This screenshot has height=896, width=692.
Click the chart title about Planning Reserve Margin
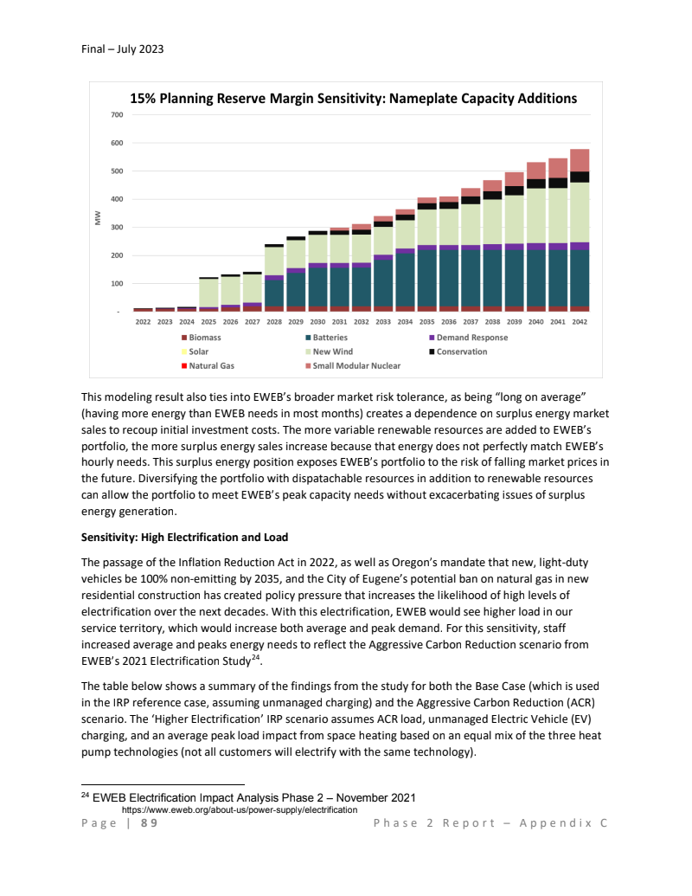click(x=353, y=99)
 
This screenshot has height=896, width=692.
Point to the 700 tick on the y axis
click(x=115, y=115)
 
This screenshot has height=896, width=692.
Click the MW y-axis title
click(x=98, y=220)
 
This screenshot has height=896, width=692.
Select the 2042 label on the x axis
click(x=580, y=321)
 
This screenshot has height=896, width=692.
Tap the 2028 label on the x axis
click(x=274, y=321)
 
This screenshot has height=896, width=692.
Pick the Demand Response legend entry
click(x=471, y=338)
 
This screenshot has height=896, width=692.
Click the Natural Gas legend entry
click(x=211, y=365)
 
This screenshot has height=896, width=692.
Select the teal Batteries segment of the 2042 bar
click(x=580, y=277)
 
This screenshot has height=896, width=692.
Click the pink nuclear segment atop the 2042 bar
click(x=580, y=160)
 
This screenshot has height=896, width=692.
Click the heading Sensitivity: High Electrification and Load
click(x=184, y=537)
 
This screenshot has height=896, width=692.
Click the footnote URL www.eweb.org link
click(x=240, y=809)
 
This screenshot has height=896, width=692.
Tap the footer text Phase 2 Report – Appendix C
click(x=490, y=823)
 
